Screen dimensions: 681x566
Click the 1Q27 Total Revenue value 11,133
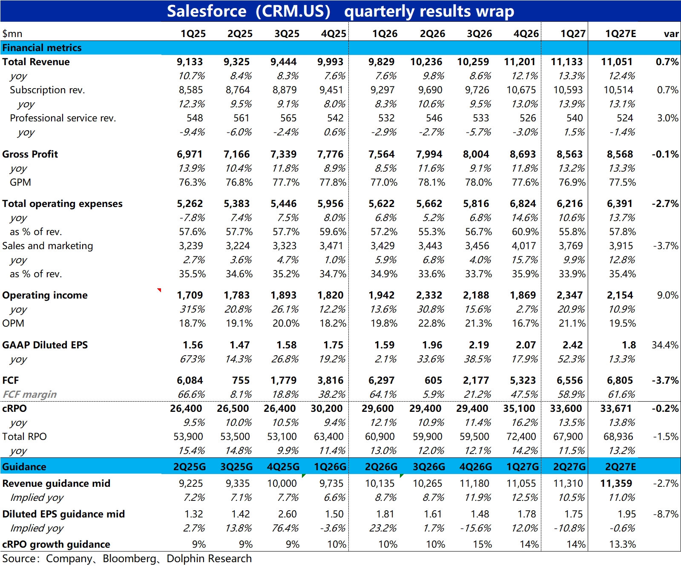(566, 62)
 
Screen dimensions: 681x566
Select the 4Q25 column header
(333, 34)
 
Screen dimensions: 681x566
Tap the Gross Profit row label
(30, 154)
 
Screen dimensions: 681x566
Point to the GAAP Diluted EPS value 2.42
(572, 345)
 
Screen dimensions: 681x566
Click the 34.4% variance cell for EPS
(665, 345)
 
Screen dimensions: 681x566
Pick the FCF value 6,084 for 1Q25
(190, 380)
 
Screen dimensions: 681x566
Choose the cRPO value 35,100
(519, 408)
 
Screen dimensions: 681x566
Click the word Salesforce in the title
(207, 11)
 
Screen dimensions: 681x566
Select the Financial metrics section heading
(42, 48)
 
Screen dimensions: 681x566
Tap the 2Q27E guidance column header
(621, 467)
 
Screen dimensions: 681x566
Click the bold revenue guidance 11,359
(616, 483)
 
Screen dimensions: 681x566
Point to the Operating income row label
(45, 295)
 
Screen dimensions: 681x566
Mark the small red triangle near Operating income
(159, 290)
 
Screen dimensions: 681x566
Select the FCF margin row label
(29, 394)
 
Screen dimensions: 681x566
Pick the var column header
(671, 34)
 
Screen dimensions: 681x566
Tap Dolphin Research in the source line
(209, 558)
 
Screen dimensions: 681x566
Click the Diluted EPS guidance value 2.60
(287, 514)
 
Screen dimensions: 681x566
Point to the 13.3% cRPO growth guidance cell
(622, 544)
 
